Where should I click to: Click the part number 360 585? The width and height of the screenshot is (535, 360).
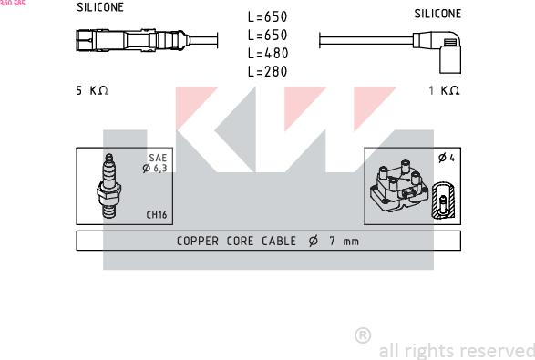click(13, 3)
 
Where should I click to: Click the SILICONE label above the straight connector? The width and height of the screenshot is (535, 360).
click(100, 7)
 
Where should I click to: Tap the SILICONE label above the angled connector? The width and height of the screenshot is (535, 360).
click(437, 14)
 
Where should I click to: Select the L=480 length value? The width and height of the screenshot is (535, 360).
click(268, 53)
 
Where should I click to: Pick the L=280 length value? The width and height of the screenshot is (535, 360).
click(268, 71)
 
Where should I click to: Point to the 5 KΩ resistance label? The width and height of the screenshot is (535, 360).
click(92, 90)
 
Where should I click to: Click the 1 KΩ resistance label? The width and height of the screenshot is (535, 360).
click(444, 90)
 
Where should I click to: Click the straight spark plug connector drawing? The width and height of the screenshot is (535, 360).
click(133, 41)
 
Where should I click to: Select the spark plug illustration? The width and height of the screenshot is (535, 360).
click(109, 186)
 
